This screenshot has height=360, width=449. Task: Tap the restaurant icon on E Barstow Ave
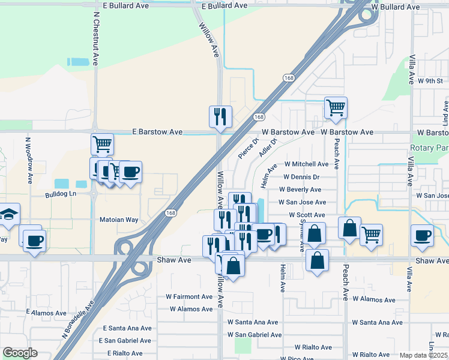[220, 116]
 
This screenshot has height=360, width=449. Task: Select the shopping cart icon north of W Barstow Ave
[336, 108]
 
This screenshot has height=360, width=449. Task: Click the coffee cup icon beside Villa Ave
[421, 235]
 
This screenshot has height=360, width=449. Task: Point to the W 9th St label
[430, 81]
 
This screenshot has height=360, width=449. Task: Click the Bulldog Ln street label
[61, 195]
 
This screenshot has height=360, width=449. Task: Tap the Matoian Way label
[119, 220]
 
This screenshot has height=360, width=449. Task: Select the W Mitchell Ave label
[306, 164]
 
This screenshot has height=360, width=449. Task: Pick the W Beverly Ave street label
[300, 190]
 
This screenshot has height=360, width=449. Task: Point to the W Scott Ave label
[306, 215]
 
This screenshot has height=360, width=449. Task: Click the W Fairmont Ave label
[189, 296]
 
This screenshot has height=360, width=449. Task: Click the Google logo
[19, 352]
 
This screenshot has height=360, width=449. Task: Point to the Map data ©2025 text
[423, 355]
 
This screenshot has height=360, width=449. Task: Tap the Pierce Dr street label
[248, 149]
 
